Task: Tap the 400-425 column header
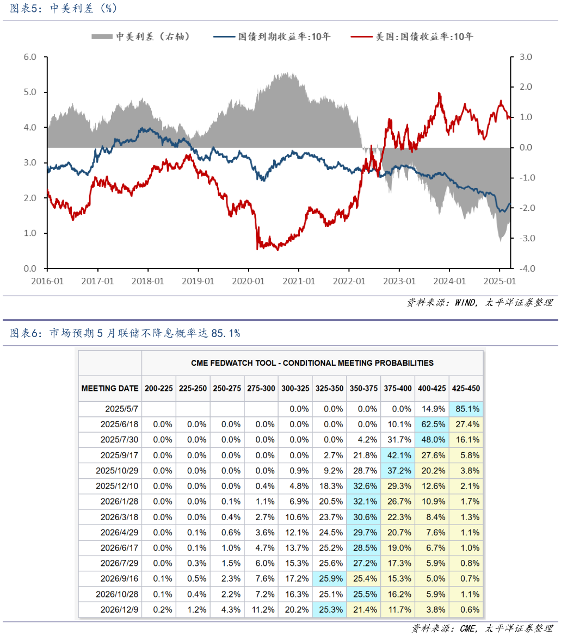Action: [431, 389]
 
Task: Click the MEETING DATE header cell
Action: [110, 389]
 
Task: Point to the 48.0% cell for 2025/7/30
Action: [431, 440]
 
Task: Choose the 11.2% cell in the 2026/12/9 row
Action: [261, 610]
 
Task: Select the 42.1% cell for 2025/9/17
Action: [397, 455]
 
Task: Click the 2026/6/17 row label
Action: [119, 548]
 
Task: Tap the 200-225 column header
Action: [158, 389]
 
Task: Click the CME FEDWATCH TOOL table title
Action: [312, 363]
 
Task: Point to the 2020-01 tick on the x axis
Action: [249, 282]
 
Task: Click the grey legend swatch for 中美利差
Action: [102, 36]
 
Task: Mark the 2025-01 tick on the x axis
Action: [500, 282]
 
